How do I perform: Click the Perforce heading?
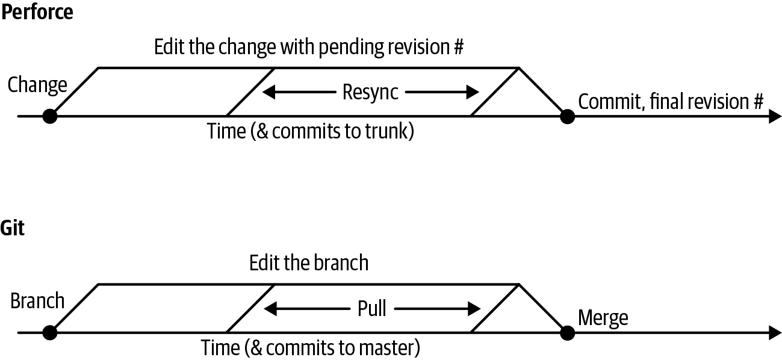[x=37, y=12]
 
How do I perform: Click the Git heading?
[x=13, y=228]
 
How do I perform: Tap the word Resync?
[x=370, y=93]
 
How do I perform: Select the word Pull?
[x=371, y=309]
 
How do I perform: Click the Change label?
[x=37, y=85]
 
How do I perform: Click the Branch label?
[x=37, y=300]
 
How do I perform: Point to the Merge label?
[x=603, y=317]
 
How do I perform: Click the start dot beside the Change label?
[x=50, y=116]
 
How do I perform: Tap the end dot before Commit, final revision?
[x=566, y=116]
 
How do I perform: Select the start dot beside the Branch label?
[x=50, y=332]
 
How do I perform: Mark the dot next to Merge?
[x=566, y=332]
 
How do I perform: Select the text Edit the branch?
[x=308, y=263]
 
